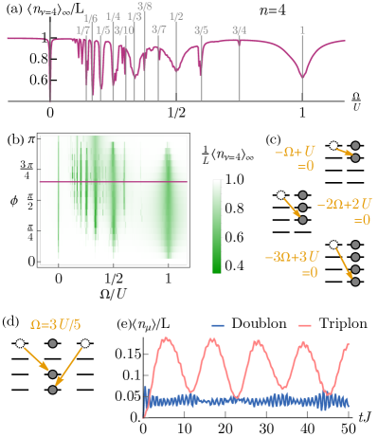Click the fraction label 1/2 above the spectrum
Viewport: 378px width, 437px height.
coord(176,16)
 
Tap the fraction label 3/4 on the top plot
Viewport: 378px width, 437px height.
coord(240,30)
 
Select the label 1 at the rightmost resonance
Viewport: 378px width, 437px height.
coord(302,30)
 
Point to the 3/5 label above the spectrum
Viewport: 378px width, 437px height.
coord(201,30)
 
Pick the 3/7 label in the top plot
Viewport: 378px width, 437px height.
coord(158,30)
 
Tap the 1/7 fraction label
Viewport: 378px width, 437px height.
coord(83,30)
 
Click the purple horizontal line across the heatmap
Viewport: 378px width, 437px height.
coord(114,181)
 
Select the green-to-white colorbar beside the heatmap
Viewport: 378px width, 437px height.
coord(217,226)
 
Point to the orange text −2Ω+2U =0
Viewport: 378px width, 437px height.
coord(343,210)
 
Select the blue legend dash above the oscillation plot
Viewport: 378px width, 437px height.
coord(218,325)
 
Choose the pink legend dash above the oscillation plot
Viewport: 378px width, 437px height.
coord(304,325)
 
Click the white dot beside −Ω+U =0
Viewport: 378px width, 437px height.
coord(333,145)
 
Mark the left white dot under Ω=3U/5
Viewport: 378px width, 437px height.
coord(20,343)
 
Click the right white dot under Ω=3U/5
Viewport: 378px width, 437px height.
coord(85,343)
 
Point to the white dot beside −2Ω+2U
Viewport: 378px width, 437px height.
coord(280,195)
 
